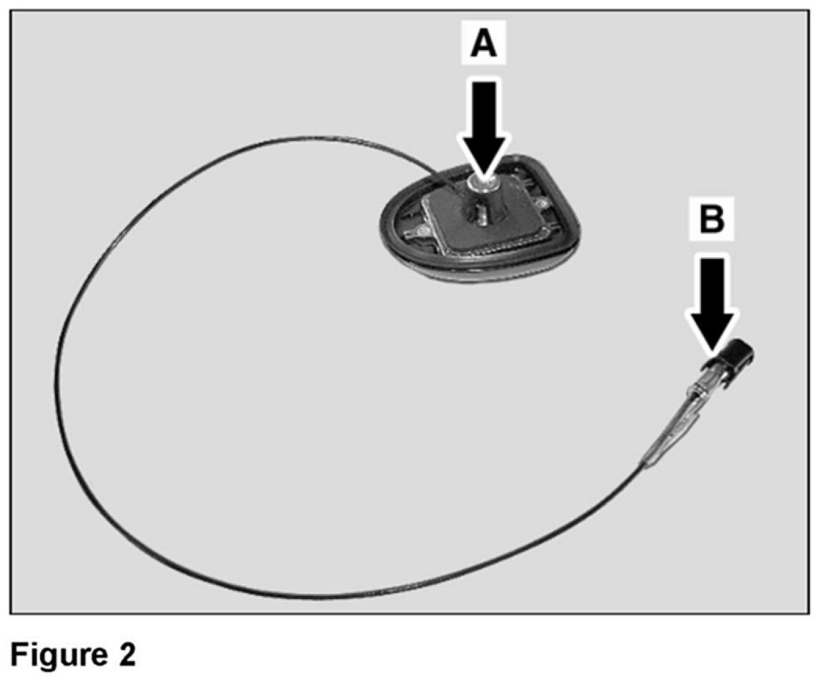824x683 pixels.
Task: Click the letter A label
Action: point(484,45)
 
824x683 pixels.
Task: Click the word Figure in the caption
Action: point(56,654)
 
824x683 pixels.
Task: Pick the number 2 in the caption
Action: point(126,654)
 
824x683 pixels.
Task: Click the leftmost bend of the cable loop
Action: point(57,376)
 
